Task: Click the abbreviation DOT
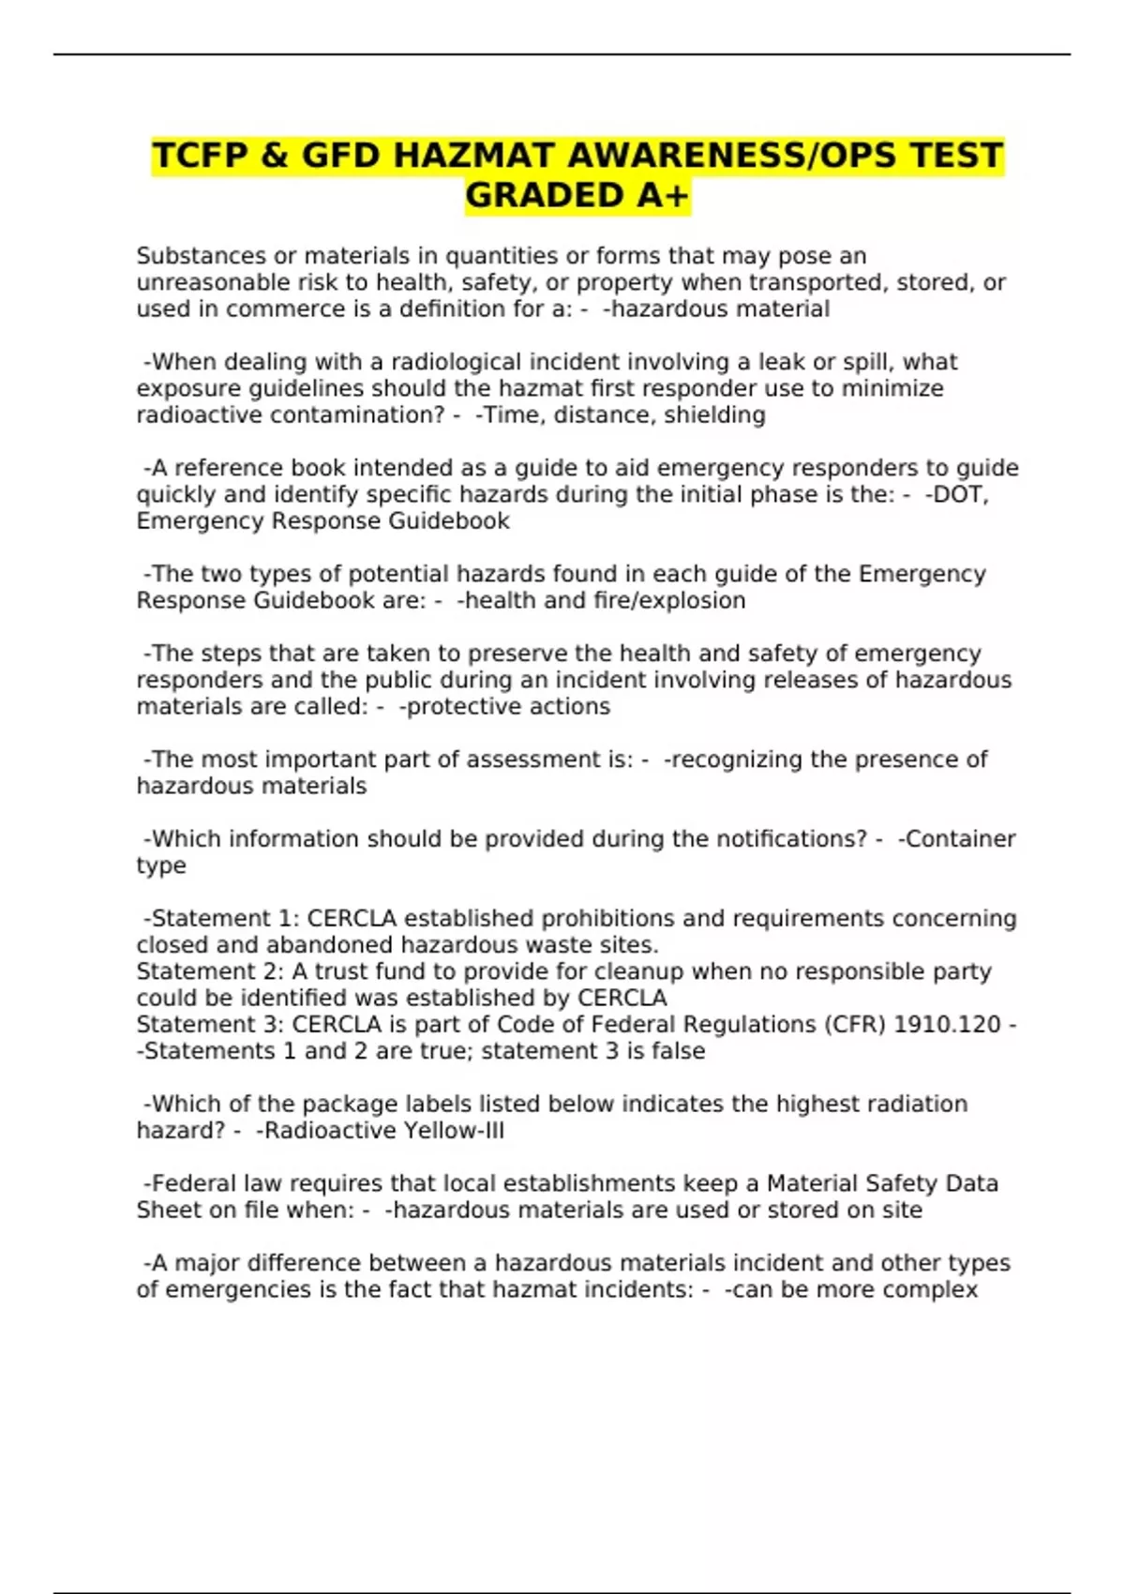pyautogui.click(x=955, y=494)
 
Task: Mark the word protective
pyautogui.click(x=450, y=706)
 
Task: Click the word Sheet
pyautogui.click(x=170, y=1211)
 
